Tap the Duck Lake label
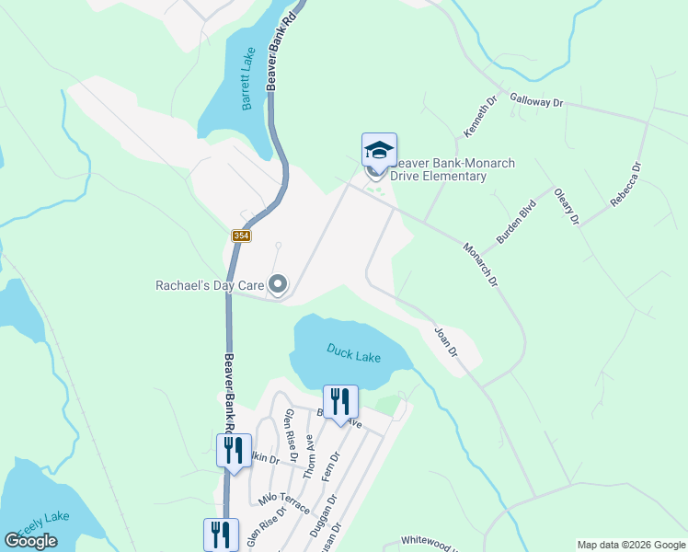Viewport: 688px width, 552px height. click(354, 352)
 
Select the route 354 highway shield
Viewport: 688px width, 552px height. click(241, 236)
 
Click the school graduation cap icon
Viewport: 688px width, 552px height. click(379, 150)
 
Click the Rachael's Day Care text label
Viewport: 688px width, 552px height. click(210, 285)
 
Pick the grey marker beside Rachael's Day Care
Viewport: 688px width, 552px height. click(278, 285)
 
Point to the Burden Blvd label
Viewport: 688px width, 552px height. click(516, 223)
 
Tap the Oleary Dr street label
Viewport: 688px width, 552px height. click(567, 207)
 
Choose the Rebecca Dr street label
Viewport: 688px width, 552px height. click(626, 185)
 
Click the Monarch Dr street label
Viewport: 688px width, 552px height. click(480, 264)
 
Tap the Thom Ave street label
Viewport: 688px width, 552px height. click(310, 452)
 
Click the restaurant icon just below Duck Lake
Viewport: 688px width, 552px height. click(340, 403)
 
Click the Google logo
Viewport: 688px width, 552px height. click(30, 541)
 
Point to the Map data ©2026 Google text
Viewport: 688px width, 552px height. click(631, 545)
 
